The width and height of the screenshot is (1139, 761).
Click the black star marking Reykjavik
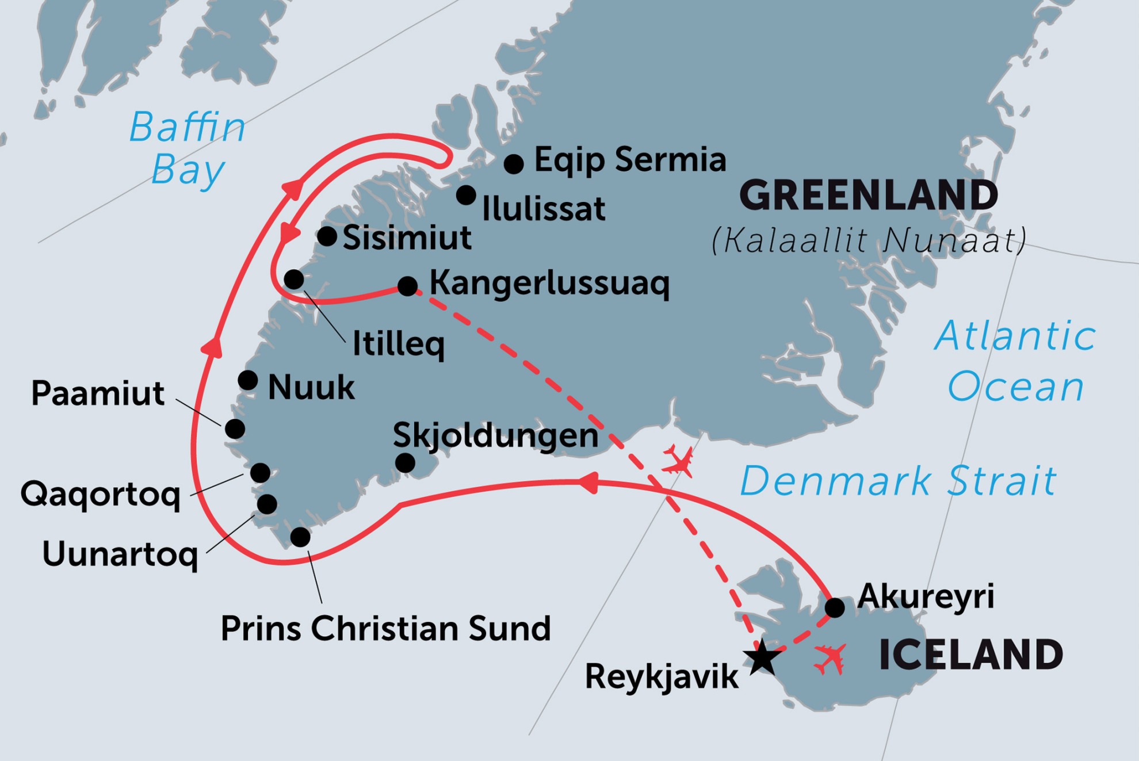coord(762,657)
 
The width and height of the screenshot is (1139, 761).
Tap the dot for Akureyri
coord(835,607)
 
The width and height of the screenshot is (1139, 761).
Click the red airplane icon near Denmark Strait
coord(678,461)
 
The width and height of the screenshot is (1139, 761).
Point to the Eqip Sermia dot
coord(514,164)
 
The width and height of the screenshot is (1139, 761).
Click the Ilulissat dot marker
coord(466,195)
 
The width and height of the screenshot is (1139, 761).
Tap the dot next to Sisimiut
coord(327,236)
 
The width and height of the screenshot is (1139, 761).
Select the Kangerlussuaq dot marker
coord(407,285)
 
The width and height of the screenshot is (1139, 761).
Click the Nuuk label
coord(311,387)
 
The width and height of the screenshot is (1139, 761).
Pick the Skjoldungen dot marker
coord(405,462)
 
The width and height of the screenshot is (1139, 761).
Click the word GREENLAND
coord(868,196)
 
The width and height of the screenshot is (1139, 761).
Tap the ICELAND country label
coord(970,655)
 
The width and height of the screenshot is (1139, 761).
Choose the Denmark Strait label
coord(898,481)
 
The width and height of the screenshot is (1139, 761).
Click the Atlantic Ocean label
coord(1015,361)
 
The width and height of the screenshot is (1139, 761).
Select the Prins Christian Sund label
coord(385,628)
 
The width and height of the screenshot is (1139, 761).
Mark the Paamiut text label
coord(98,393)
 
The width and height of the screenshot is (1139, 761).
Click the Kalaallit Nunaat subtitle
coord(868,240)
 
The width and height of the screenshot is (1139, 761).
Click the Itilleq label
coord(398,344)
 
